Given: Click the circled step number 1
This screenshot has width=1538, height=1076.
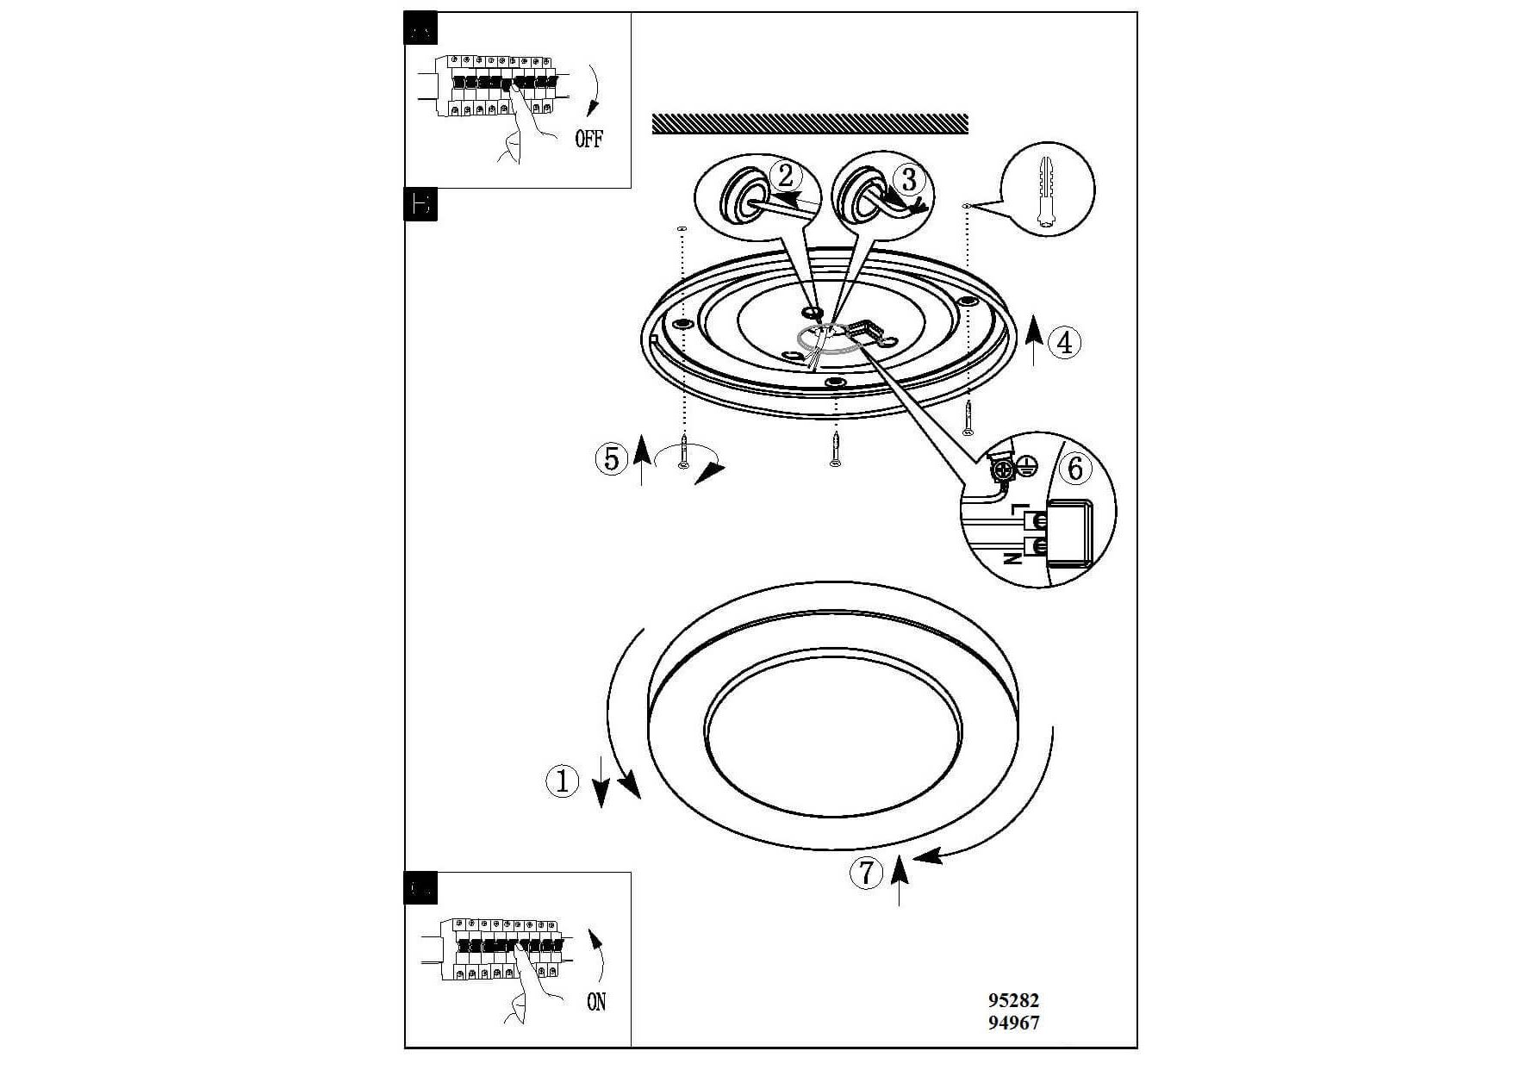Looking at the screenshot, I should [563, 781].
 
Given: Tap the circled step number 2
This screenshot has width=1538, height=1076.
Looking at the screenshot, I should [785, 176].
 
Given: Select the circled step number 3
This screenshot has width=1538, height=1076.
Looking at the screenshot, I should [908, 179].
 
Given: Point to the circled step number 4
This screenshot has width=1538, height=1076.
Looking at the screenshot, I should [1064, 343].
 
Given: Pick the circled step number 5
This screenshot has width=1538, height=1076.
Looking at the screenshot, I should [611, 458].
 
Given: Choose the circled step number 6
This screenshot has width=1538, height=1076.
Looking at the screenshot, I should [1074, 469].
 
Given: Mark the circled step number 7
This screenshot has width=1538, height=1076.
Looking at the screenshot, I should [866, 873].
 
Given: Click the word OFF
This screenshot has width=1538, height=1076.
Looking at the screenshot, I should [589, 139].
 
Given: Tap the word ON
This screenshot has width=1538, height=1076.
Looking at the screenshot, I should [596, 1002].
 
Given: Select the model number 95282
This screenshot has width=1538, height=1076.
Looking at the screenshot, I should [1013, 1000].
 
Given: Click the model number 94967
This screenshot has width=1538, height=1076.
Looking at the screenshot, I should [1013, 1023].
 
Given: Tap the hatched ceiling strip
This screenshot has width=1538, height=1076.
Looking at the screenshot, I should [810, 124].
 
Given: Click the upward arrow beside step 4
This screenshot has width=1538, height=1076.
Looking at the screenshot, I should [1034, 340].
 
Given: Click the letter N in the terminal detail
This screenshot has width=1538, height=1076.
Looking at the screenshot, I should [1014, 557].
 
